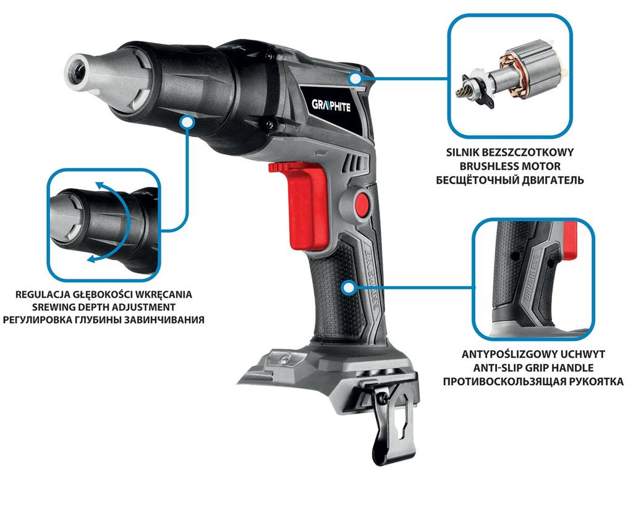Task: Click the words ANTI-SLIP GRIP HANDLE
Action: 532,368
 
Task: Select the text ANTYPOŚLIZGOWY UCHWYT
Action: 532,354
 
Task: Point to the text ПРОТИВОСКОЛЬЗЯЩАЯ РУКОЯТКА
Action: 532,382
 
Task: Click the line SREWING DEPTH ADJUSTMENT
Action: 104,307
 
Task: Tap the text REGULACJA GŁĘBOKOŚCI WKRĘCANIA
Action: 104,294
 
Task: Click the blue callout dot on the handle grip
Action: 349,287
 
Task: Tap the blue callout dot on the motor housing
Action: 355,78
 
